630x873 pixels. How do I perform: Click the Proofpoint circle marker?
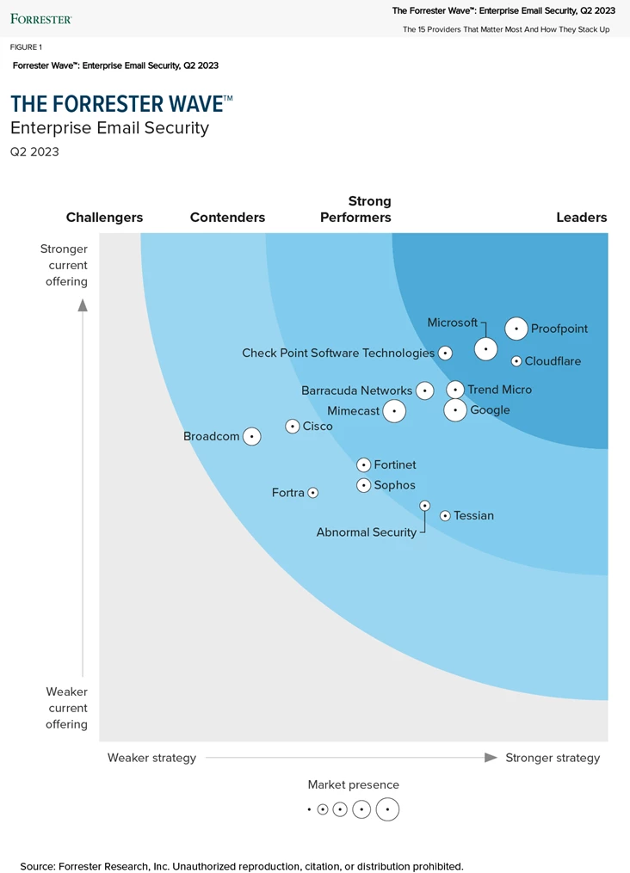tap(516, 329)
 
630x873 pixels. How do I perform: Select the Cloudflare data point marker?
tap(516, 361)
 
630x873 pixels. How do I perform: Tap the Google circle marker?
tap(455, 410)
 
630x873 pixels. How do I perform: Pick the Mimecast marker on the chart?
tap(393, 411)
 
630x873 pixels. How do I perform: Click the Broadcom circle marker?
tap(251, 436)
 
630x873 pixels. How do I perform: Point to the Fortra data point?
tap(313, 493)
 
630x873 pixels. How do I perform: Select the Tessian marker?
tap(445, 516)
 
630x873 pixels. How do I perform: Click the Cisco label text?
tap(318, 426)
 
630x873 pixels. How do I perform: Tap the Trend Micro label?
tap(499, 390)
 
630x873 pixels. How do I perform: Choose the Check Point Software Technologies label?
tap(338, 353)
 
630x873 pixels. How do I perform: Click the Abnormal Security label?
tap(366, 532)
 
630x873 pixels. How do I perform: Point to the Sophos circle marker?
tap(364, 485)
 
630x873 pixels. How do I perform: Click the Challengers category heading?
tap(104, 218)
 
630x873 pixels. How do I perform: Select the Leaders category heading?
tap(582, 218)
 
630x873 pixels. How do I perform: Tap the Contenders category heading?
tap(227, 218)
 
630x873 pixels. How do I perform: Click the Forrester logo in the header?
tap(40, 18)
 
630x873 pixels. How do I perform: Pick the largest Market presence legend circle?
tap(387, 809)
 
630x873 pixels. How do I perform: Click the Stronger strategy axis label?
tap(553, 758)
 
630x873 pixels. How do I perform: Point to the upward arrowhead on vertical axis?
tap(83, 304)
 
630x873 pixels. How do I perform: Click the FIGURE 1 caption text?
tap(26, 47)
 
